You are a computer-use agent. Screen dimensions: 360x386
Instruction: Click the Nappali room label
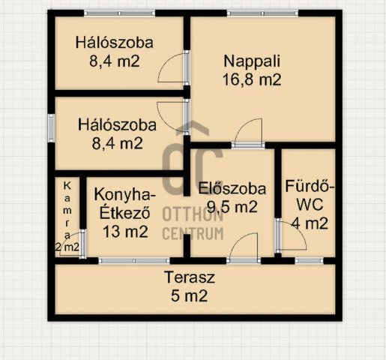tap(251, 62)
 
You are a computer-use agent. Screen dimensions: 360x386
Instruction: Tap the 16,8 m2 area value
tap(251, 80)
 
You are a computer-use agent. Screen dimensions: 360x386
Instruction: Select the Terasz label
tap(190, 277)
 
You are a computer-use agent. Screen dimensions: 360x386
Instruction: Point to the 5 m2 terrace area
tap(190, 295)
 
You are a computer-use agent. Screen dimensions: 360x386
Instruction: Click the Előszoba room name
tap(228, 188)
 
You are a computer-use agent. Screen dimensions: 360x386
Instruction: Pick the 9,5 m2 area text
tap(228, 206)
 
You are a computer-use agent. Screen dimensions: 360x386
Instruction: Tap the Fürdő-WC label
tap(309, 196)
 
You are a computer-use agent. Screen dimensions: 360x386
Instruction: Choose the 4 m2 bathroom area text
tap(309, 223)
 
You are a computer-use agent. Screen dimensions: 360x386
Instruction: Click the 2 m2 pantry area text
tap(67, 247)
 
